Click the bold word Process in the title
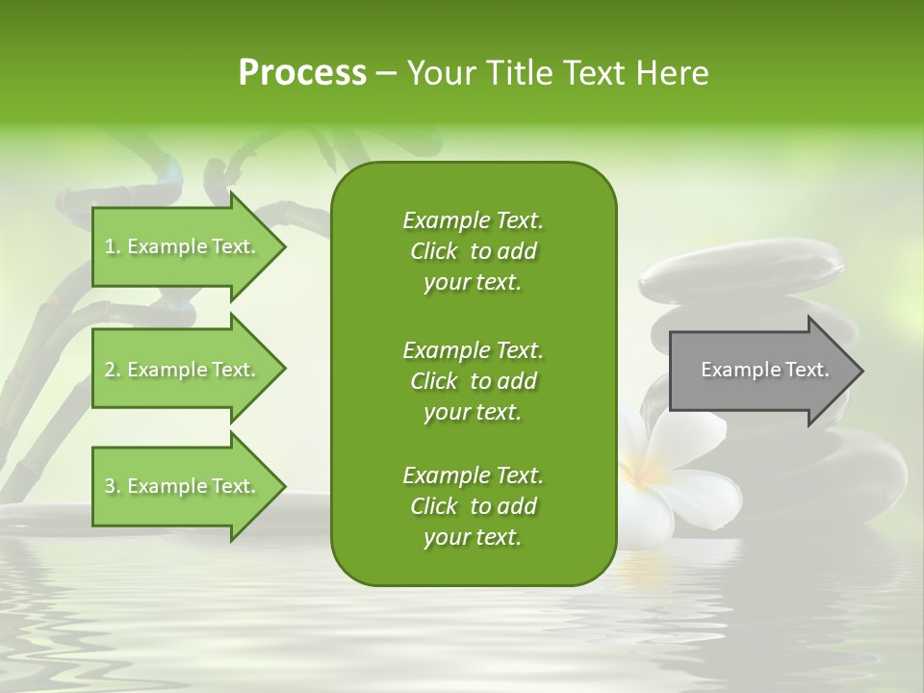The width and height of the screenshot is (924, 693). click(x=302, y=73)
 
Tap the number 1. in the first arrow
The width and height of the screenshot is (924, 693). click(x=113, y=246)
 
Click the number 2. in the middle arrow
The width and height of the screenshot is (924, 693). click(x=113, y=370)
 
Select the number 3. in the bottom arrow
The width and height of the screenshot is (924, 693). click(x=113, y=486)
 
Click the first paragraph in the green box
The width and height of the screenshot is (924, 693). click(x=473, y=251)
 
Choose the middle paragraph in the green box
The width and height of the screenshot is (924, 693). click(x=473, y=380)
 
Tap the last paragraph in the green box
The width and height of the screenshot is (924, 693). click(x=473, y=505)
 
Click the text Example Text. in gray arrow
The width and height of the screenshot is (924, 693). click(x=765, y=370)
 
